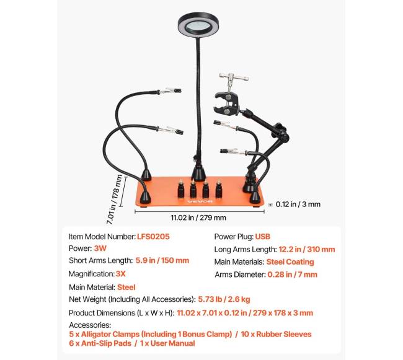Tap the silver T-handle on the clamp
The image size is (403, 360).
tap(234, 77)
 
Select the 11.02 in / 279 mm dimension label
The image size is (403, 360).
tap(198, 217)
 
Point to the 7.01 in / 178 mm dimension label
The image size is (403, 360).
tap(115, 200)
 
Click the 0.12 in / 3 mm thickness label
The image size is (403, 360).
tap(298, 204)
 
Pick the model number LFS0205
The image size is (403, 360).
tap(153, 237)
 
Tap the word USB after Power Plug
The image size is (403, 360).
tap(262, 237)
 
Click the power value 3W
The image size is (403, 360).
tap(100, 248)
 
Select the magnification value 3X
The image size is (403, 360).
tap(120, 274)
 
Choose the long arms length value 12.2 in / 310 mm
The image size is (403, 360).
tap(307, 249)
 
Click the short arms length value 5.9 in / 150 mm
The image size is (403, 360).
tap(162, 260)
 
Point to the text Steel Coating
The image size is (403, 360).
tap(290, 262)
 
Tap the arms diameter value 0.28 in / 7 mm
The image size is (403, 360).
tap(292, 274)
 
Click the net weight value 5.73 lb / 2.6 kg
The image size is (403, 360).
tap(224, 299)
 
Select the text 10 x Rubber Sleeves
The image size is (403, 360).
tap(276, 334)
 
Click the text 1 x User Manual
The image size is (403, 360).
tap(167, 343)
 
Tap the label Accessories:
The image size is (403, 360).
tap(90, 325)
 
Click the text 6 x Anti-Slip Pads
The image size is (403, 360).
tap(100, 343)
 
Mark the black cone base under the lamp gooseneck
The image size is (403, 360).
tap(198, 173)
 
